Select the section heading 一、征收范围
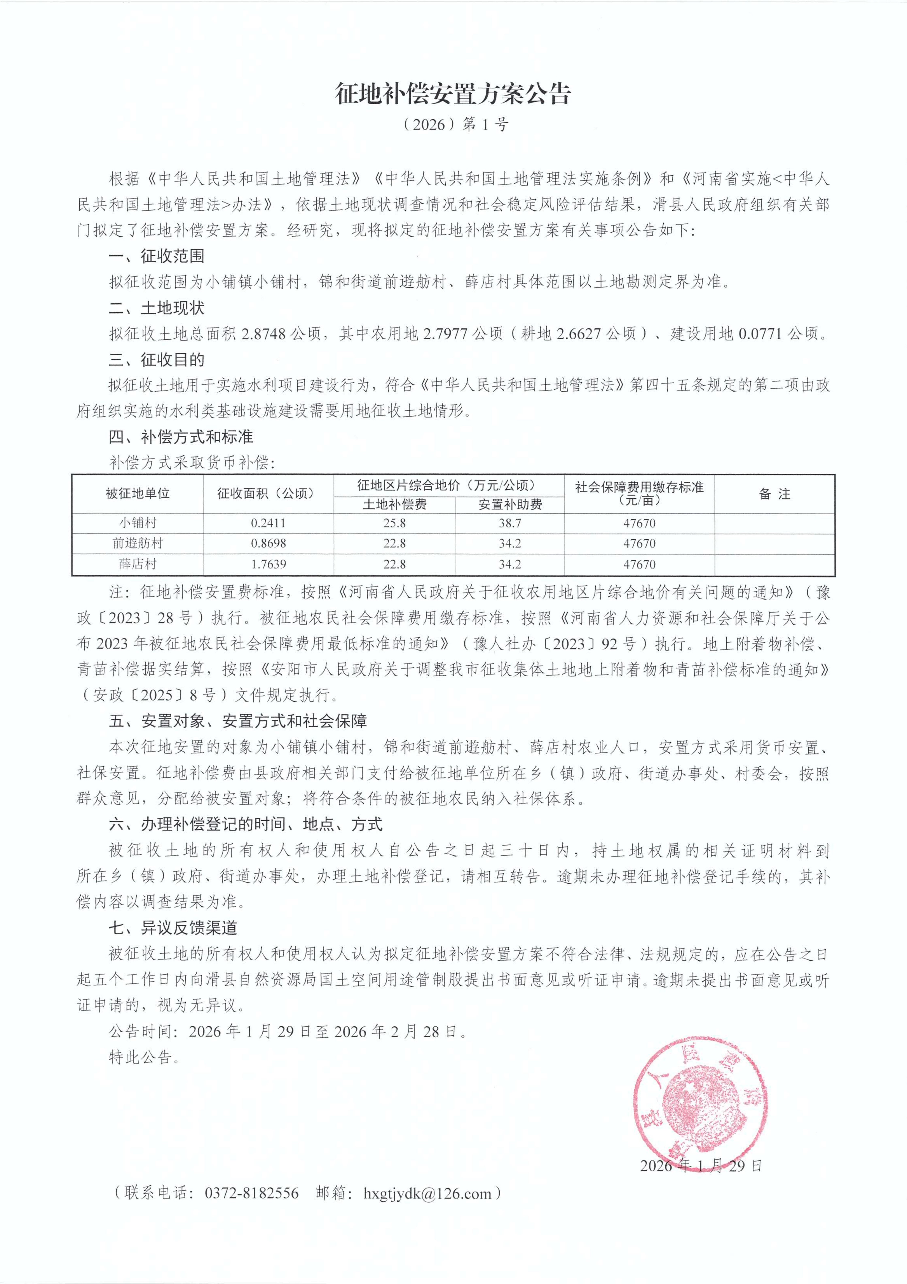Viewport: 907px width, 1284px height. (156, 256)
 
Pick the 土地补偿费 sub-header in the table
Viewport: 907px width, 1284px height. (395, 504)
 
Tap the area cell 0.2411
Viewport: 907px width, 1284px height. (268, 523)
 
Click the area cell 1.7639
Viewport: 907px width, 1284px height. (268, 564)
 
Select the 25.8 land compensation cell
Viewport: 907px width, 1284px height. (395, 523)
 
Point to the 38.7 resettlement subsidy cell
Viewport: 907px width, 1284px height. (510, 523)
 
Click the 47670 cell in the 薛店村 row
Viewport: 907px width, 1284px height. (639, 564)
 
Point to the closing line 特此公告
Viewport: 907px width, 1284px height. (144, 1057)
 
